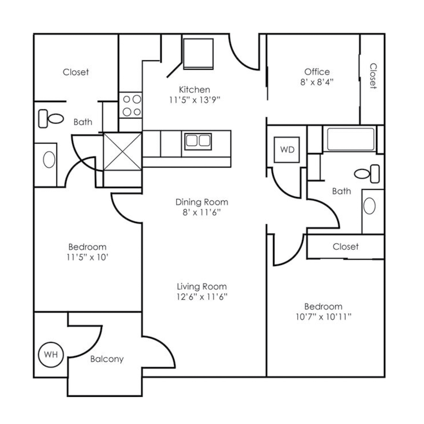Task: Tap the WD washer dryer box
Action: coord(287,150)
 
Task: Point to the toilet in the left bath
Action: coord(50,118)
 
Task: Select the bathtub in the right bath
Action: coord(351,139)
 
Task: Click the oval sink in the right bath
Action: coord(370,206)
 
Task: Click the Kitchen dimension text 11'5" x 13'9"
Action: coord(194,99)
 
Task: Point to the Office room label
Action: coord(317,72)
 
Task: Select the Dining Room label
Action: coord(202,202)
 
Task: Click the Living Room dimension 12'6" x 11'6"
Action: coord(202,297)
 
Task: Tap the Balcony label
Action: coord(106,359)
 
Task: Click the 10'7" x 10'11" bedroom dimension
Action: coord(323,317)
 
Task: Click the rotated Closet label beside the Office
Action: coord(373,76)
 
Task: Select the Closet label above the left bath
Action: coord(76,72)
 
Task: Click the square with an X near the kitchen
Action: coord(122,151)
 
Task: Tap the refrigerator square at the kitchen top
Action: coord(198,53)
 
